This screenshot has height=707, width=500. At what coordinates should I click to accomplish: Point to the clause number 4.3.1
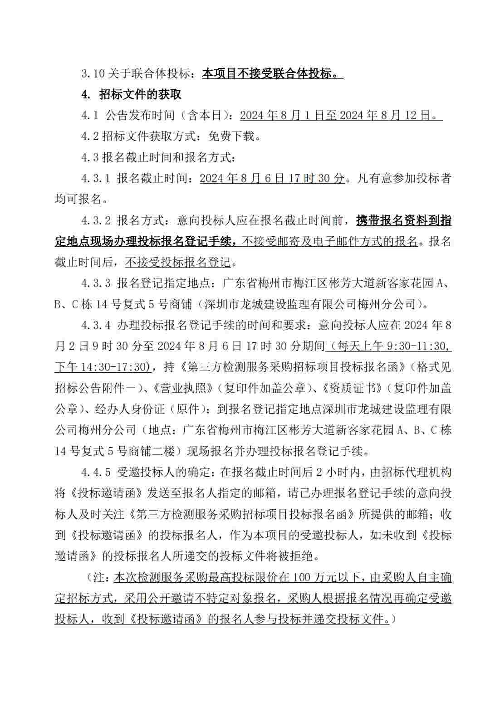pyautogui.click(x=96, y=178)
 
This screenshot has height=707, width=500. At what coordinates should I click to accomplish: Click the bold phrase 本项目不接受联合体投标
pyautogui.click(x=267, y=73)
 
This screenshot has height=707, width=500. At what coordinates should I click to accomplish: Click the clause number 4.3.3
pyautogui.click(x=96, y=283)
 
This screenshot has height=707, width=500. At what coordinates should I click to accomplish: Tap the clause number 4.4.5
pyautogui.click(x=96, y=472)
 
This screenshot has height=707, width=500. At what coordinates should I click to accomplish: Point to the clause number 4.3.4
pyautogui.click(x=96, y=325)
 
